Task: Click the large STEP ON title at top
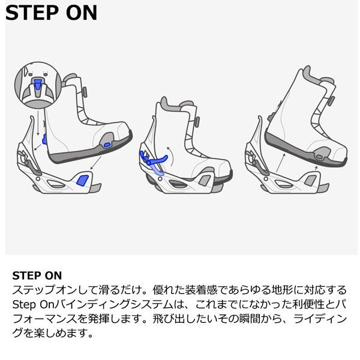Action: click(51, 13)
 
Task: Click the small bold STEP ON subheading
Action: click(37, 277)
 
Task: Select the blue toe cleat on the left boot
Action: click(107, 144)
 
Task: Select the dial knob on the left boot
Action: click(85, 91)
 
